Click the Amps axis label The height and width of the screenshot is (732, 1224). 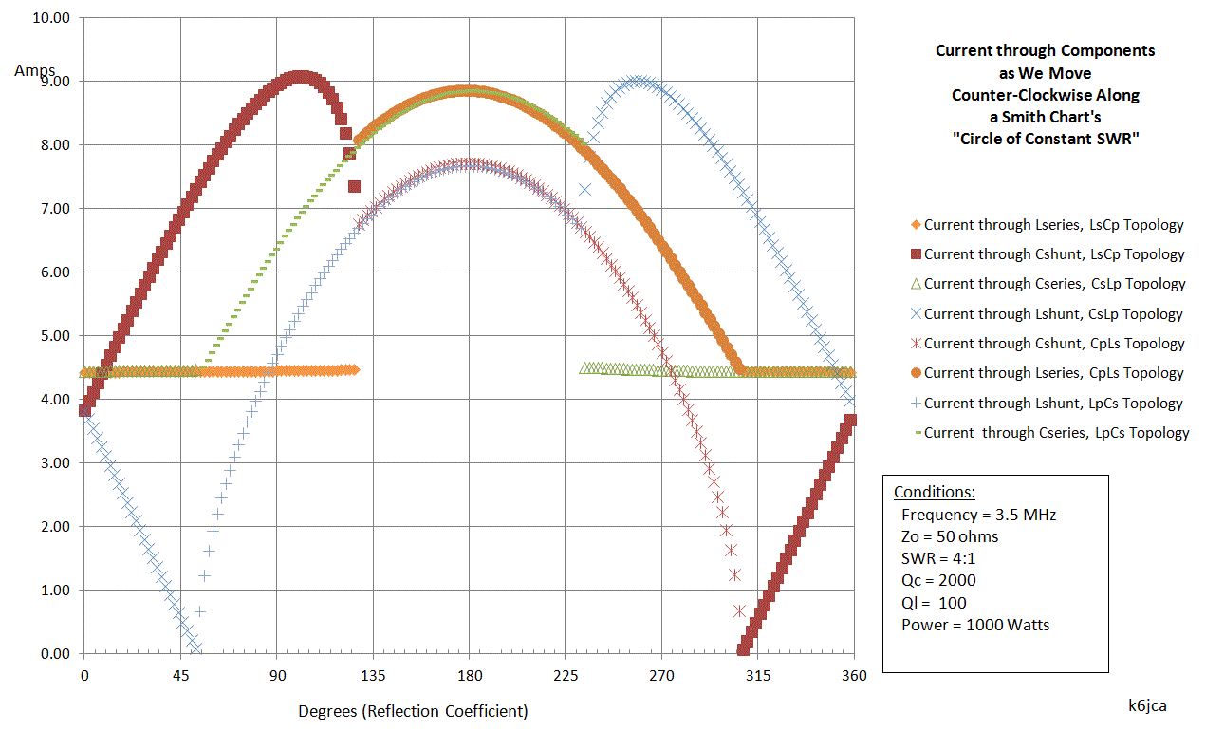pyautogui.click(x=35, y=70)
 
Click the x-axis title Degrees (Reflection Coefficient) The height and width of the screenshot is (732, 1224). pyautogui.click(x=413, y=711)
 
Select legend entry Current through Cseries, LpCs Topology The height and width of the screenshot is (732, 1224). pyautogui.click(x=1056, y=433)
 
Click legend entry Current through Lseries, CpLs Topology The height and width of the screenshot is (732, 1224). pyautogui.click(x=1053, y=373)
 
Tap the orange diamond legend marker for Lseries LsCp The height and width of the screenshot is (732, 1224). pyautogui.click(x=916, y=225)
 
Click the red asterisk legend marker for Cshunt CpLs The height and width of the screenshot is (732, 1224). pyautogui.click(x=916, y=344)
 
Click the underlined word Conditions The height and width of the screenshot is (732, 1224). pyautogui.click(x=934, y=493)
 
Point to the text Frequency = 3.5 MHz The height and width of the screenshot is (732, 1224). pyautogui.click(x=978, y=515)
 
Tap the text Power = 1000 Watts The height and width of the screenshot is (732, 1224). pyautogui.click(x=975, y=625)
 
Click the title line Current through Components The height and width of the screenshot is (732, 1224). pyautogui.click(x=1045, y=50)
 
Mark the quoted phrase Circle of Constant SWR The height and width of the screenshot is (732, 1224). pyautogui.click(x=1046, y=139)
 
